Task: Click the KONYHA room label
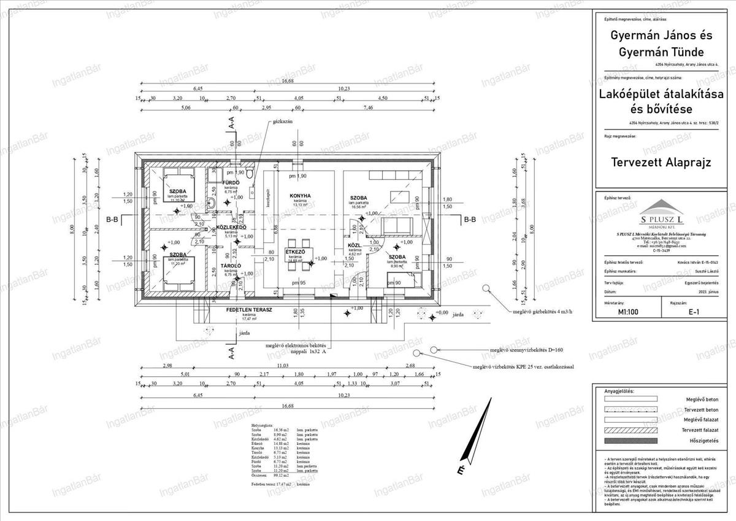point(301,196)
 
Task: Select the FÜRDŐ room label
point(231,183)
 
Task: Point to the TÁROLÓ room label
point(231,266)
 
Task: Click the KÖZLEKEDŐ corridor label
point(231,227)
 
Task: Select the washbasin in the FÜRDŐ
point(211,203)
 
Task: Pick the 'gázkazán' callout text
point(284,122)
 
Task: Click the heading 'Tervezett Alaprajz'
point(661,163)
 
